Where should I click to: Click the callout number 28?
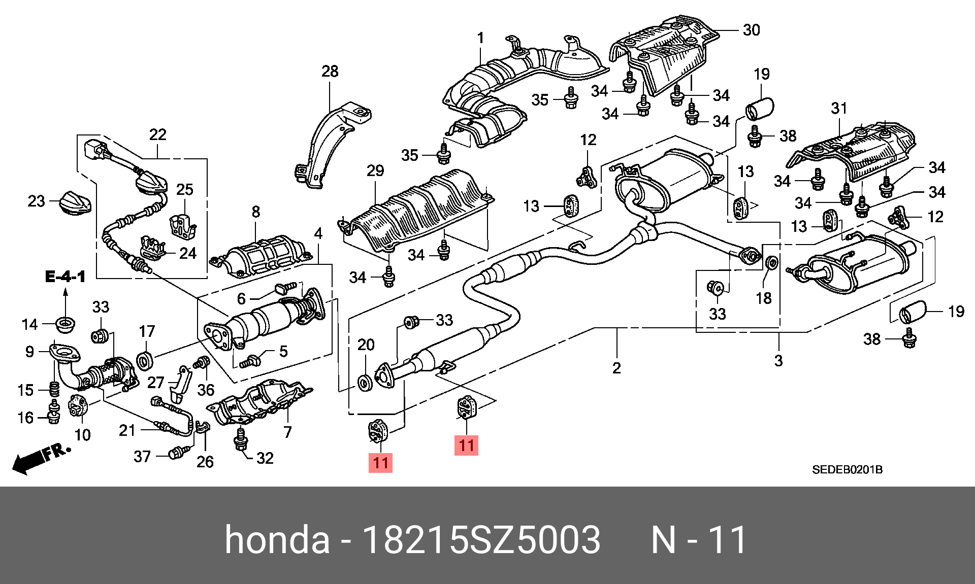click(x=330, y=72)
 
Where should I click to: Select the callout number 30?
click(x=751, y=30)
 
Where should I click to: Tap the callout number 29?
click(x=375, y=170)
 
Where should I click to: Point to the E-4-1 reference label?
click(x=65, y=277)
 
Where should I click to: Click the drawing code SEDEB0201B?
click(x=847, y=469)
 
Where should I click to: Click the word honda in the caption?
click(x=277, y=539)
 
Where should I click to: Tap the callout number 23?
click(x=36, y=201)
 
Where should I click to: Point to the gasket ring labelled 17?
click(x=146, y=360)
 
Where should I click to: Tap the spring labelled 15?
click(x=54, y=390)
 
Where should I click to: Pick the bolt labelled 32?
click(x=241, y=440)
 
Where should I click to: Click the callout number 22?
click(x=157, y=134)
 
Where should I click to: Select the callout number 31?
click(x=839, y=108)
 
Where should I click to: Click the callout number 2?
click(x=616, y=367)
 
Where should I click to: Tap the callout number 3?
click(x=778, y=360)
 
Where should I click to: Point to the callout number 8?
click(x=256, y=212)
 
